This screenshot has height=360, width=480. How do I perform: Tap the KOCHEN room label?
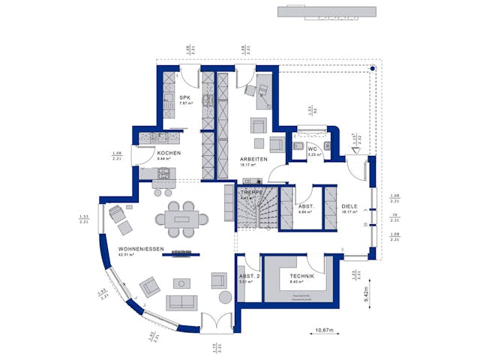[x=168, y=154]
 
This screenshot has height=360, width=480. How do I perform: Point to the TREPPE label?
[x=250, y=192]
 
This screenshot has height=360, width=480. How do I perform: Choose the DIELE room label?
[x=349, y=206]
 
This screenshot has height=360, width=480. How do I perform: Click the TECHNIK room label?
[x=301, y=277]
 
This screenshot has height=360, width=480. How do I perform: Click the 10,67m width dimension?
[x=325, y=329]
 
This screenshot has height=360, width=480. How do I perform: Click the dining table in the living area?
[x=183, y=219]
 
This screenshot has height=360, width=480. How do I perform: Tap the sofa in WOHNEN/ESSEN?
[x=181, y=301]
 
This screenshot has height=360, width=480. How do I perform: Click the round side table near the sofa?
[x=224, y=298]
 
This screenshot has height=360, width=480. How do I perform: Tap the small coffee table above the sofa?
[x=181, y=283]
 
